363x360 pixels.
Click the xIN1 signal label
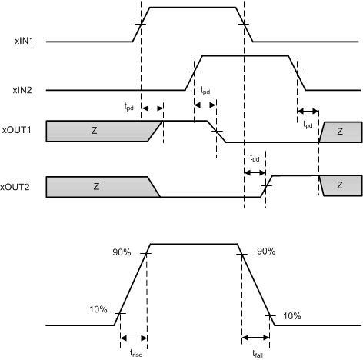(x=21, y=41)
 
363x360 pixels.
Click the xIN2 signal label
(x=21, y=90)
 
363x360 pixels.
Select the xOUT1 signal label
(x=18, y=131)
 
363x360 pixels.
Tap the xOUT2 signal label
(x=18, y=187)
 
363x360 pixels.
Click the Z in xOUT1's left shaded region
(x=95, y=132)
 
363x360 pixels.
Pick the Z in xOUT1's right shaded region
(x=340, y=132)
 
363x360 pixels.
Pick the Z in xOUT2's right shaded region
(x=340, y=186)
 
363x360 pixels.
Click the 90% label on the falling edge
(x=266, y=251)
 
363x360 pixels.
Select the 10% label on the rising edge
(x=98, y=309)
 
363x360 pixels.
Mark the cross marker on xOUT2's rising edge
(x=266, y=187)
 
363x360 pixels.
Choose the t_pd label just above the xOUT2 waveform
(x=255, y=158)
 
